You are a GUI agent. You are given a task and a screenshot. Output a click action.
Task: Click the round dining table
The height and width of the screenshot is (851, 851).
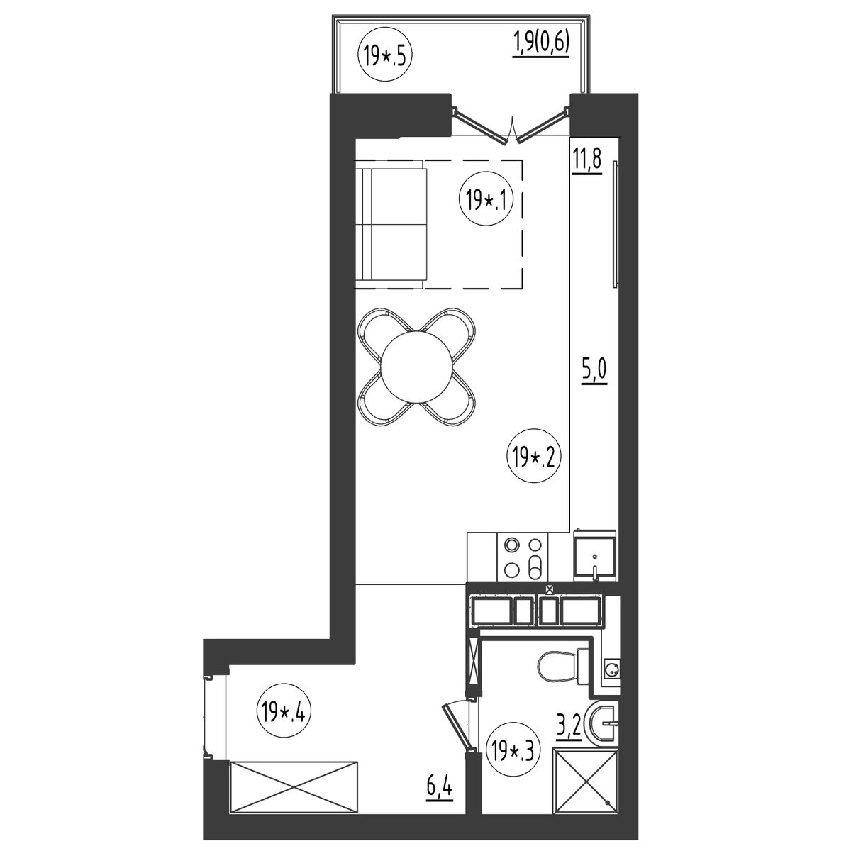tap(416, 366)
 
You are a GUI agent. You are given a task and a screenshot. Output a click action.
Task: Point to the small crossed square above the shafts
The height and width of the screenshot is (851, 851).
tap(550, 589)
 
